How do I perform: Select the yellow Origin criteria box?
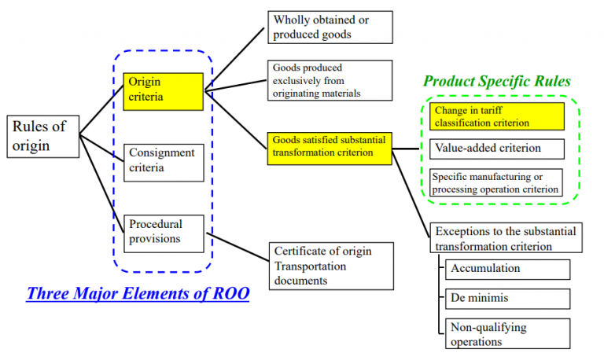pos(164,90)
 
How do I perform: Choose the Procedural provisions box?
pos(164,232)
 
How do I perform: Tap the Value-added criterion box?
pos(497,149)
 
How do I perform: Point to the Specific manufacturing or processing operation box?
pos(497,183)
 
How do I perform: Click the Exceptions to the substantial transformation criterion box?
pos(506,237)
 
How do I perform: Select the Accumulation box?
pos(507,269)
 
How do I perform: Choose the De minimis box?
pos(507,299)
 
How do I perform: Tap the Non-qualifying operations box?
pos(507,333)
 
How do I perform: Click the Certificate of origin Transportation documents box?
pos(331,264)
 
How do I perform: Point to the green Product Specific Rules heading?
pos(497,82)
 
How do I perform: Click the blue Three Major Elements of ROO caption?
pos(138,294)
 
